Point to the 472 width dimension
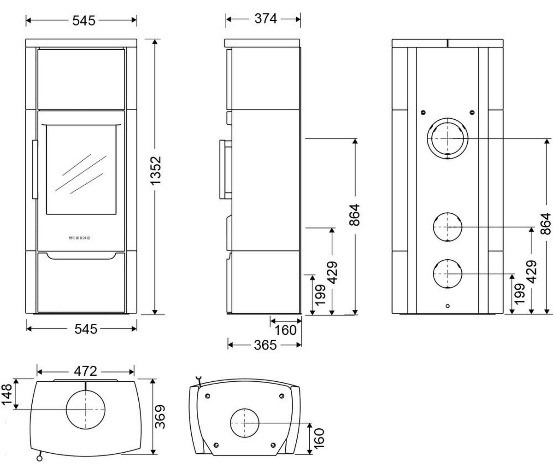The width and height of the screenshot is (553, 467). pos(86,371)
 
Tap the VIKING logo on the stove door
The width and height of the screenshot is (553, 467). pos(79,238)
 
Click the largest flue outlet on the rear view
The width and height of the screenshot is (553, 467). pos(447,138)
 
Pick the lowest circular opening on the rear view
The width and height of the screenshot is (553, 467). pos(447,273)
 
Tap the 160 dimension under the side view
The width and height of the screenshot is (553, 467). pos(285,330)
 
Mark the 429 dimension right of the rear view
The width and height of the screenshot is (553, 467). pos(532,272)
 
